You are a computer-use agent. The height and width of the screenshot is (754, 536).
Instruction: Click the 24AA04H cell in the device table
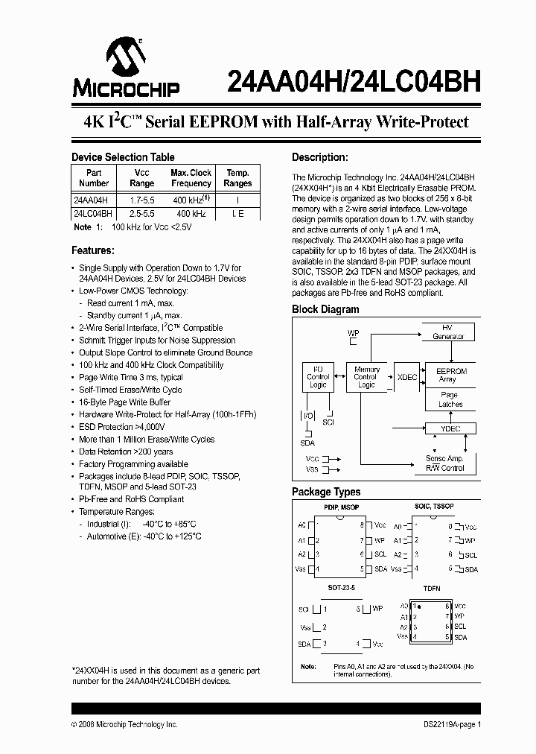point(91,200)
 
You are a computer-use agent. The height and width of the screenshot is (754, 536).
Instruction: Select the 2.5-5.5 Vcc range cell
point(141,213)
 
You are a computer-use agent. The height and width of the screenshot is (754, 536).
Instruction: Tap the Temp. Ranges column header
point(237,178)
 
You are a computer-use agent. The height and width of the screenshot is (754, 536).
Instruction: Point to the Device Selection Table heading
point(123,157)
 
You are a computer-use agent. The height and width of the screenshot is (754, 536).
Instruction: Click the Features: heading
point(92,250)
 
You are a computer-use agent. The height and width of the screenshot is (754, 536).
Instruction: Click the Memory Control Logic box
point(366,377)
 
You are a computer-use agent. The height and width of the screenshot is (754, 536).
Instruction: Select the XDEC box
point(407,377)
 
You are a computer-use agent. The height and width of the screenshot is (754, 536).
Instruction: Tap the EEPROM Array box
point(451,375)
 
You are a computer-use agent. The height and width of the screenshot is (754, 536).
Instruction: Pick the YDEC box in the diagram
point(452,428)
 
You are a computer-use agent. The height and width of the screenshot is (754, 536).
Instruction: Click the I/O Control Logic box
point(318,377)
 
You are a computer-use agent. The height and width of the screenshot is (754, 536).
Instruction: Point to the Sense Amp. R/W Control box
point(445,463)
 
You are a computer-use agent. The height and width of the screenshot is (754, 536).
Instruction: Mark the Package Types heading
point(326,492)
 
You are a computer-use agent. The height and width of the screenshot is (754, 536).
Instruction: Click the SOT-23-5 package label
point(342,588)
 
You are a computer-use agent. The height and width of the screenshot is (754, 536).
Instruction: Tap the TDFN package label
point(432,588)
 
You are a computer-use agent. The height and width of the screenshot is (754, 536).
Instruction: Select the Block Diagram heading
point(325,309)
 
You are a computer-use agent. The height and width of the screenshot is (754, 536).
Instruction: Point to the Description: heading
point(320,157)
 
